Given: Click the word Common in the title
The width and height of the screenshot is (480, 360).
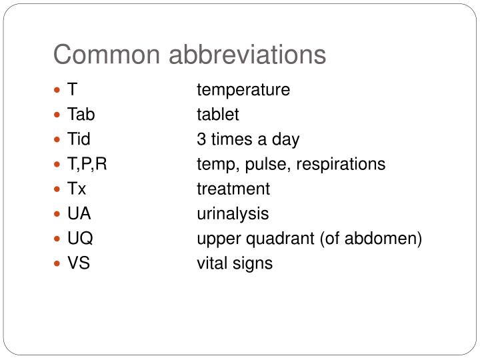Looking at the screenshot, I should point(107,55).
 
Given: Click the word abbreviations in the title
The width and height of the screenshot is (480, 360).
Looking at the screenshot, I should point(247,55).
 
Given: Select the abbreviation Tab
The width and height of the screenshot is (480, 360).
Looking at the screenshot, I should point(81,115).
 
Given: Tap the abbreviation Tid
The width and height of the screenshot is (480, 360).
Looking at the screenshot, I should point(79,139).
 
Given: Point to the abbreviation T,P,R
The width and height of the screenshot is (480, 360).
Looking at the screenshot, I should point(87,164).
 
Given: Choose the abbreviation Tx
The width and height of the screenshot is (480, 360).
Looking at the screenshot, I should point(77,189).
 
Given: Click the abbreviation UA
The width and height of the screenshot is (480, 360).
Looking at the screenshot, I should point(79,213).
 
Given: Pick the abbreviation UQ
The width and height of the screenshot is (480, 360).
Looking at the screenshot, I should point(80,238).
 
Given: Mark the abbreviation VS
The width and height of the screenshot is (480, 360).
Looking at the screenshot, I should point(79,263).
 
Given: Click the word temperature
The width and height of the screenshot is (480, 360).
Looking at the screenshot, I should point(243,90).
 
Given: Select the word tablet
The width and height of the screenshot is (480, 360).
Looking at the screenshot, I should point(217,115).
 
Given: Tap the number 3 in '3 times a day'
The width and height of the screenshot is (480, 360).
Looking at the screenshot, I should point(201,139).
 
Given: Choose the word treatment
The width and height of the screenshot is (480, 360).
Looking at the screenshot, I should point(233,189).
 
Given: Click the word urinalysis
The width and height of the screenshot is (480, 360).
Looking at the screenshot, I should point(233,213).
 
